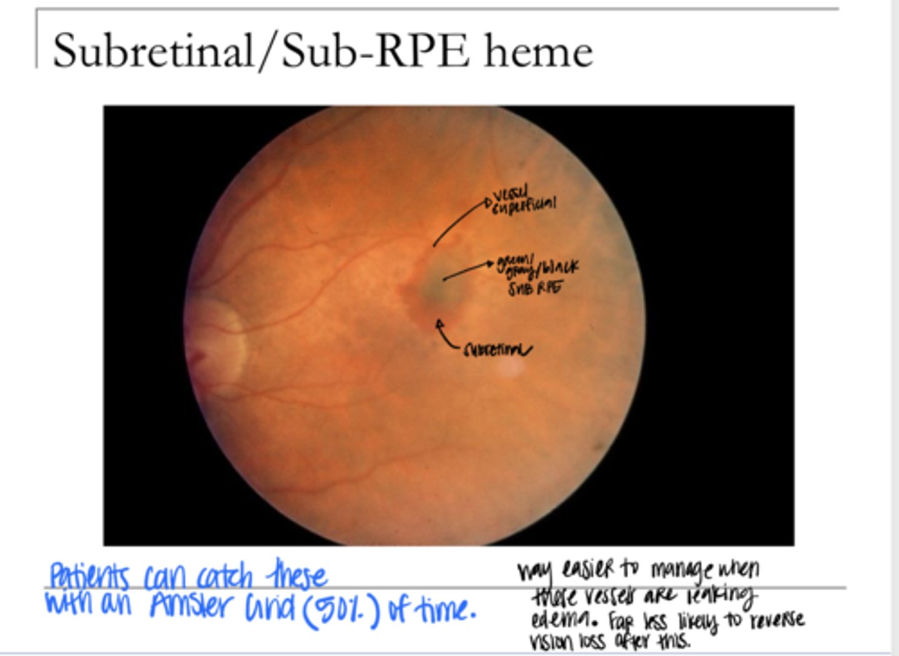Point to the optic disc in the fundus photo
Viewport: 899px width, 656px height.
pyautogui.click(x=219, y=340)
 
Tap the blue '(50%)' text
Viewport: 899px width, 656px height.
pyautogui.click(x=341, y=609)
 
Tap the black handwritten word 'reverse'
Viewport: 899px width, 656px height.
pyautogui.click(x=777, y=620)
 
